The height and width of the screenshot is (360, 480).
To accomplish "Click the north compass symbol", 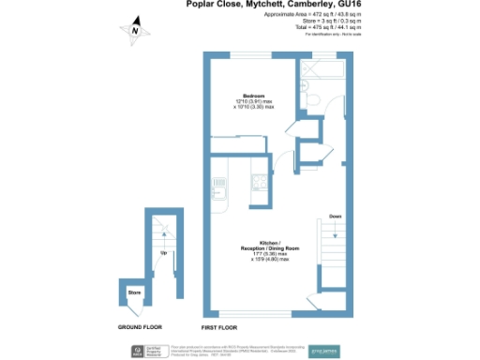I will pos(135,29).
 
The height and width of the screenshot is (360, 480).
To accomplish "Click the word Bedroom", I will pos(254,97).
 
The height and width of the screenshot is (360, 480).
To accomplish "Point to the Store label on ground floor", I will pos(134,292).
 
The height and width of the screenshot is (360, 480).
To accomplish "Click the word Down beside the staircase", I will pos(335,217).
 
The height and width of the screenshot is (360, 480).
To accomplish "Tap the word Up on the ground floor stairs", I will pos(164,253).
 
